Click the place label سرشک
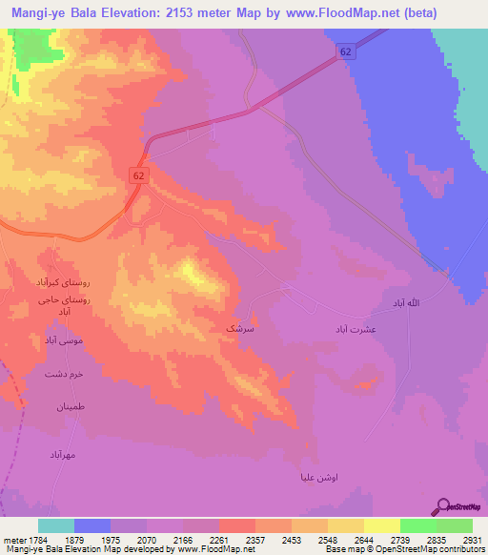tap(239, 328)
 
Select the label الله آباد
tap(399, 302)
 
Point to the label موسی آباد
tap(64, 339)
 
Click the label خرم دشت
tap(64, 374)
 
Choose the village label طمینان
tap(69, 406)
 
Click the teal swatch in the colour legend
tap(56, 525)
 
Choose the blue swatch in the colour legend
tap(92, 525)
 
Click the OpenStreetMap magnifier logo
tap(442, 506)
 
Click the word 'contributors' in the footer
tap(463, 550)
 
